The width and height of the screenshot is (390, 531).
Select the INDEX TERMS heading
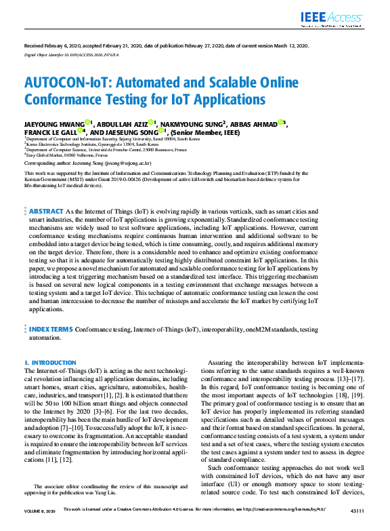[51, 329]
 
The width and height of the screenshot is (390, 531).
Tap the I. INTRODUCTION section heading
[50, 363]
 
